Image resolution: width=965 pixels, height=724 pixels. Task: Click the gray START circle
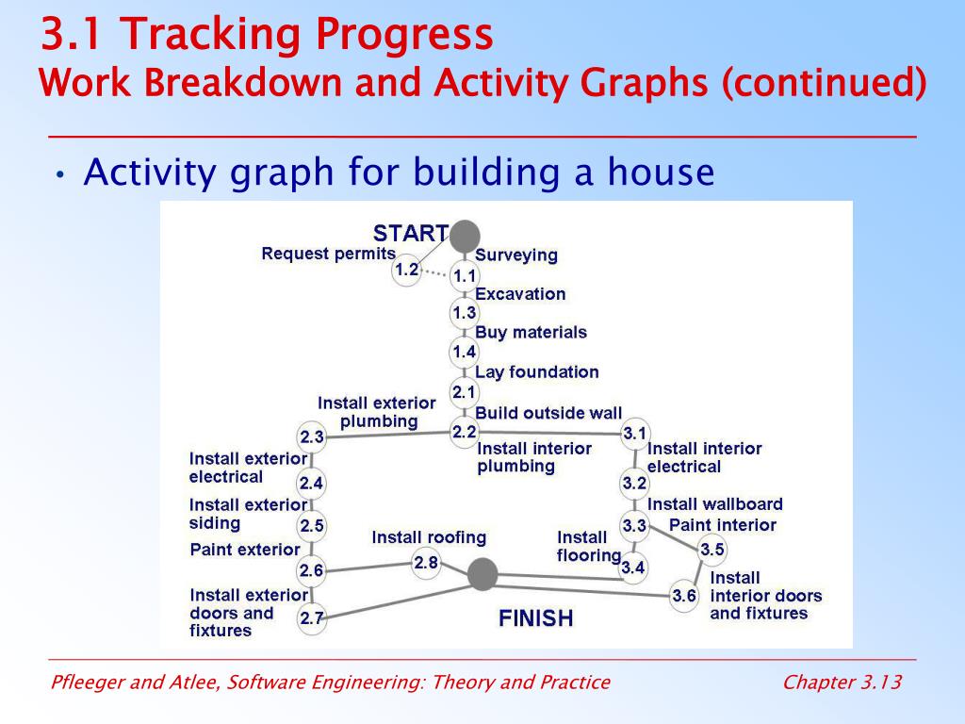[x=465, y=236]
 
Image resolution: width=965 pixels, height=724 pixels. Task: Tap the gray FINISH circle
[x=482, y=574]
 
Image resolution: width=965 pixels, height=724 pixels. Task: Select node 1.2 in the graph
[x=406, y=269]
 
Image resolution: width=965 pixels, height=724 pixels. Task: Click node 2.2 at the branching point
[x=465, y=432]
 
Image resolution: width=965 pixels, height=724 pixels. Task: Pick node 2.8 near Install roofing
[x=426, y=562]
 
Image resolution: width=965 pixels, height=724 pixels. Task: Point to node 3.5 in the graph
[x=712, y=550]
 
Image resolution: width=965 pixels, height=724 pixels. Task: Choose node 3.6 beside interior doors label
[x=684, y=596]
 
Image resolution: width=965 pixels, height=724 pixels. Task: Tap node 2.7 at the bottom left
[x=311, y=617]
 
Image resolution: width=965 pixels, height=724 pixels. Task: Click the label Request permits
[x=329, y=254]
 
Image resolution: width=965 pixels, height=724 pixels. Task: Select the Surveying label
[x=516, y=255]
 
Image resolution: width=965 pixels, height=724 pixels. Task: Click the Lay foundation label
[x=536, y=371]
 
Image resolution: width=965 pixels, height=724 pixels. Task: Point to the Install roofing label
[x=429, y=537]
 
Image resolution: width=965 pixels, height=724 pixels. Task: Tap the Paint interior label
[x=723, y=525]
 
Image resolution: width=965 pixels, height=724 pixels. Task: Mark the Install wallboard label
[x=715, y=504]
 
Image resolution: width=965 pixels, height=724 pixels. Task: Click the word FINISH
[x=535, y=618]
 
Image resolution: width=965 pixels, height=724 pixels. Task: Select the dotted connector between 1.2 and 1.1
[x=435, y=272]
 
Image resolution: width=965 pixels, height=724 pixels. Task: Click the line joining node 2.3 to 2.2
[x=387, y=435]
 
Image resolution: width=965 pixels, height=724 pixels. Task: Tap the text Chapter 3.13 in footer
[x=842, y=683]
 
